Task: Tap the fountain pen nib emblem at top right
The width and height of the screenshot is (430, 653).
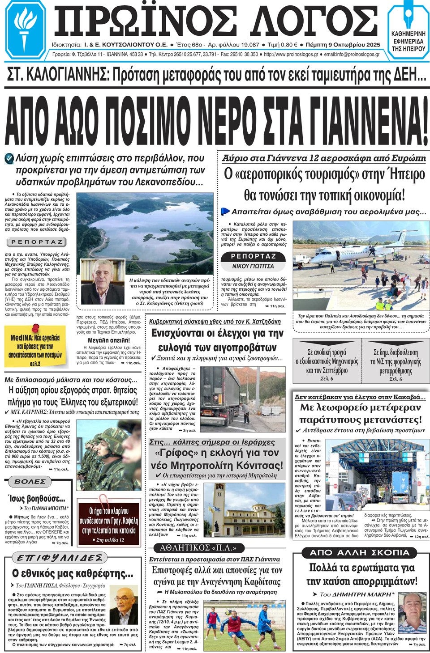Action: tap(408, 17)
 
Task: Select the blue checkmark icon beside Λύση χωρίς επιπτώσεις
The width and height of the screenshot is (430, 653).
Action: tap(9, 158)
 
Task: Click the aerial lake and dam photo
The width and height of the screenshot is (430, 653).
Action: tap(148, 224)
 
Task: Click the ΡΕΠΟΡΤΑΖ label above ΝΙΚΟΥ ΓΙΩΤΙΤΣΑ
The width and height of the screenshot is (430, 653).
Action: tap(253, 256)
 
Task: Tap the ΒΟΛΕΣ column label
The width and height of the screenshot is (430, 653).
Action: tap(30, 482)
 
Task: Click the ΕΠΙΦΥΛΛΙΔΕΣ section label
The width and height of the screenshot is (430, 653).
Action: tap(60, 558)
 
